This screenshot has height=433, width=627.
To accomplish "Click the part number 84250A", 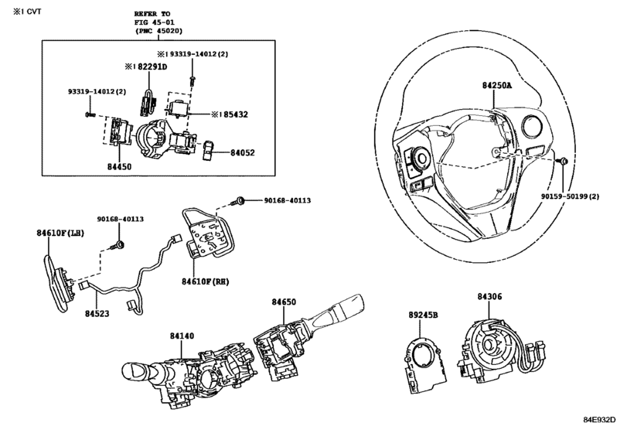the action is pyautogui.click(x=496, y=86).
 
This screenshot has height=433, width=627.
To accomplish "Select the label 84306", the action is pyautogui.click(x=489, y=297).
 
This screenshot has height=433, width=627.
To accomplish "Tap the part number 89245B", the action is pyautogui.click(x=423, y=315).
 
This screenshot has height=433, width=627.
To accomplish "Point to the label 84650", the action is pyautogui.click(x=284, y=302).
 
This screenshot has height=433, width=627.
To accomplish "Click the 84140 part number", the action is pyautogui.click(x=182, y=336).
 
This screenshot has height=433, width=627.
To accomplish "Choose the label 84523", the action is pyautogui.click(x=97, y=314).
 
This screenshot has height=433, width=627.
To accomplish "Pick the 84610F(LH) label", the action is pyautogui.click(x=60, y=233).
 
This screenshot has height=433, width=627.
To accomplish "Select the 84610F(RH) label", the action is pyautogui.click(x=206, y=282).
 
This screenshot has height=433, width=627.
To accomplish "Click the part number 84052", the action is pyautogui.click(x=242, y=153).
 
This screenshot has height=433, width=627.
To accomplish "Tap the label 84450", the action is pyautogui.click(x=119, y=167).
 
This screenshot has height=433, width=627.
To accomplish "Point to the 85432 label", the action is pyautogui.click(x=236, y=114).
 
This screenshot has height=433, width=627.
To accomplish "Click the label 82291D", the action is pyautogui.click(x=152, y=66).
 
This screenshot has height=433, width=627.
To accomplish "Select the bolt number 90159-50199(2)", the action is pyautogui.click(x=571, y=196).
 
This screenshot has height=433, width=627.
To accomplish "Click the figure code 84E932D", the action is pyautogui.click(x=599, y=419).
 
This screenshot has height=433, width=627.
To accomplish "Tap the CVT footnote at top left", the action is pyautogui.click(x=27, y=12).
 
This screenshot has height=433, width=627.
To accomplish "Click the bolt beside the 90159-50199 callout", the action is pyautogui.click(x=562, y=161).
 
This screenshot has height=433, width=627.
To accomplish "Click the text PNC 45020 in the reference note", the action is pyautogui.click(x=158, y=31).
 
